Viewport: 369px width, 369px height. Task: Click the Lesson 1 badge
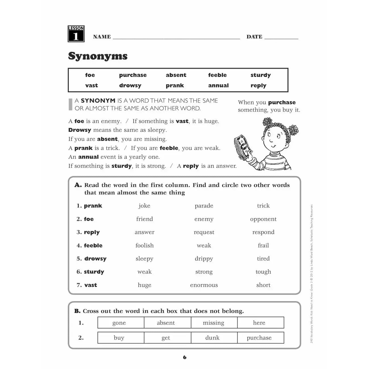click(x=76, y=34)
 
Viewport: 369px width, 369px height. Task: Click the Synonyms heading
click(x=98, y=56)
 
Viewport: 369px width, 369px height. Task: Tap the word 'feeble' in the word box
click(x=217, y=75)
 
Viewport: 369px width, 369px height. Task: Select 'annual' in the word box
click(x=218, y=86)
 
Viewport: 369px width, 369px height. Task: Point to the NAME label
click(x=102, y=37)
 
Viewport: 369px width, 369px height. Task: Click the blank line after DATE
click(x=281, y=38)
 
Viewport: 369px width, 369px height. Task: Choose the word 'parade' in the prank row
click(x=204, y=206)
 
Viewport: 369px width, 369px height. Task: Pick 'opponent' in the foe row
click(x=263, y=219)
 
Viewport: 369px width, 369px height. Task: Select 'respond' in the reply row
click(x=263, y=232)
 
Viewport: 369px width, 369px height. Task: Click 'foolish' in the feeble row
click(x=144, y=246)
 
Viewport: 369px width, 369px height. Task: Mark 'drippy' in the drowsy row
click(x=204, y=259)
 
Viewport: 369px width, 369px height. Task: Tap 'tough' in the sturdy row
click(x=263, y=272)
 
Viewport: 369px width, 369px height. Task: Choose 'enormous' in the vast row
click(x=204, y=285)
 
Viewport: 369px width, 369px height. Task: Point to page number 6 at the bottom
click(x=184, y=357)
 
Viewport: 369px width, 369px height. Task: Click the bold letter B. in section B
click(x=77, y=311)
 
